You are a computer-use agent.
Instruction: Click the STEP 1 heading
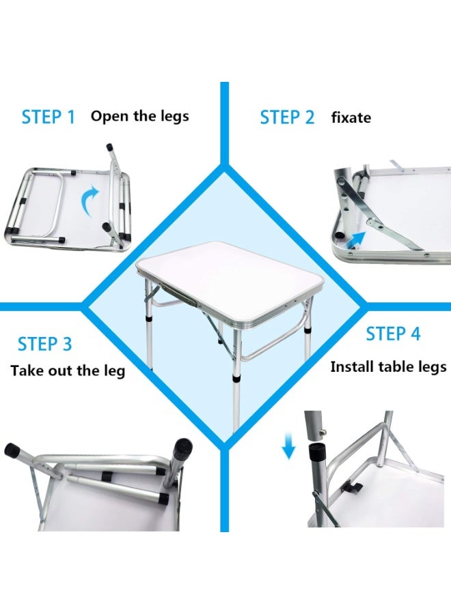[x=48, y=117]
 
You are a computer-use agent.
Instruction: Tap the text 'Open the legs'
[x=139, y=116]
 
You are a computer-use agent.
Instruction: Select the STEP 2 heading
[x=287, y=117]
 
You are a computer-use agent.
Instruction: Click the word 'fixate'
[x=351, y=117]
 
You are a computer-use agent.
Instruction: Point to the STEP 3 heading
[x=44, y=344]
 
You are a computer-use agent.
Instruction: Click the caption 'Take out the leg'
[x=68, y=371]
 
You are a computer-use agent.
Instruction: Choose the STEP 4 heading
[x=393, y=334]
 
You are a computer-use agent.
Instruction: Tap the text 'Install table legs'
[x=388, y=367]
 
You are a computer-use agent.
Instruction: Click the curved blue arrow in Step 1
[x=88, y=203]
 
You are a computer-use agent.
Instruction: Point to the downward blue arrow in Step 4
[x=289, y=448]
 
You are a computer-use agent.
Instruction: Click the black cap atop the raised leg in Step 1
[x=109, y=147]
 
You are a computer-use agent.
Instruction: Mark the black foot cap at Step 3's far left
[x=13, y=450]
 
